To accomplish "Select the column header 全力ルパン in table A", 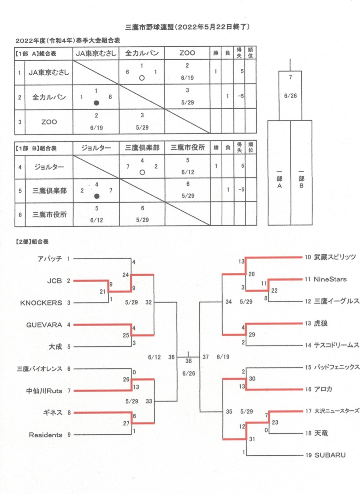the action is pyautogui.click(x=142, y=53).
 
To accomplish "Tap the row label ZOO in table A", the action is pyautogui.click(x=49, y=122).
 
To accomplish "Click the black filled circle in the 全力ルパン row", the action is pyautogui.click(x=96, y=103).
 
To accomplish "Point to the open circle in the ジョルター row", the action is pyautogui.click(x=142, y=172).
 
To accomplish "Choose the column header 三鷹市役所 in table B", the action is pyautogui.click(x=188, y=147).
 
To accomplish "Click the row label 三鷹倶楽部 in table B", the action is pyautogui.click(x=49, y=191).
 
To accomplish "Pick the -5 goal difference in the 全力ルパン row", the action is pyautogui.click(x=241, y=96).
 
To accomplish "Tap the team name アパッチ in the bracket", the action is pyautogui.click(x=50, y=259).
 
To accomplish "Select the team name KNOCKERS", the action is pyautogui.click(x=41, y=303).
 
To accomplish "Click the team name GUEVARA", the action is pyautogui.click(x=44, y=325).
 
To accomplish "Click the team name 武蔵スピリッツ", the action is pyautogui.click(x=335, y=257).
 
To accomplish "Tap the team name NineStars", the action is pyautogui.click(x=330, y=279).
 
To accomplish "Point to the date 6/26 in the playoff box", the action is pyautogui.click(x=290, y=96).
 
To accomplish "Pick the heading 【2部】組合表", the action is pyautogui.click(x=32, y=242).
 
